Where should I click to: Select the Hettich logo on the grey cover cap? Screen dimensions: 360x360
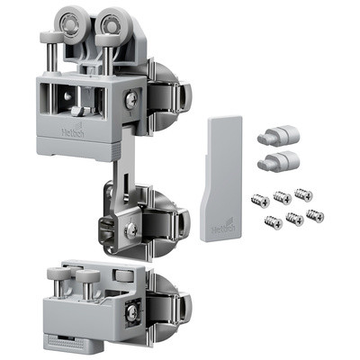[x=220, y=229]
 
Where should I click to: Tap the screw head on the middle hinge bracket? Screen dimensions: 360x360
[x=131, y=231]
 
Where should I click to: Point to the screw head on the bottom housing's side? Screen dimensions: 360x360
[x=133, y=313]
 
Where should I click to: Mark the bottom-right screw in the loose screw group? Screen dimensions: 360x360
[x=315, y=215]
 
